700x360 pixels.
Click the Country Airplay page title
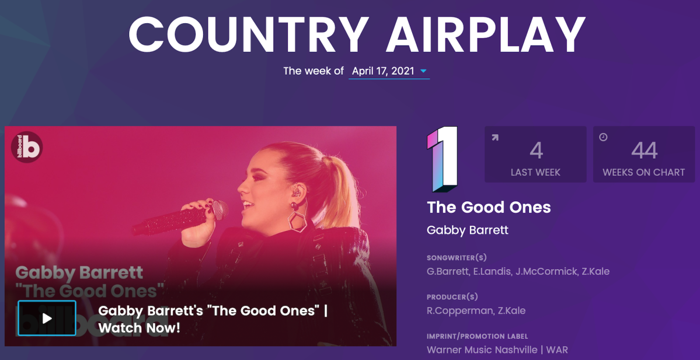click(357, 35)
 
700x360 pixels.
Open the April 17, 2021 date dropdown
click(389, 71)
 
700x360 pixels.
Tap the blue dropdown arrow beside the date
click(423, 71)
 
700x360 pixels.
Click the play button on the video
click(47, 318)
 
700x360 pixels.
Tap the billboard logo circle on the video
click(27, 147)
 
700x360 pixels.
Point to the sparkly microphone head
click(220, 209)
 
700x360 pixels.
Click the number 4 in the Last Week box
click(536, 151)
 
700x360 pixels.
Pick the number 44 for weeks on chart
click(644, 151)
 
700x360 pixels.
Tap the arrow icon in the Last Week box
click(494, 137)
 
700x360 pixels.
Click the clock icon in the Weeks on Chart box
click(603, 137)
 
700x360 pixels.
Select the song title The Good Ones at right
click(489, 208)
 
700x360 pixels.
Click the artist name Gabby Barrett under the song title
click(468, 230)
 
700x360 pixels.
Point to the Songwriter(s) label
click(457, 258)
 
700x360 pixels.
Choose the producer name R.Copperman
click(461, 310)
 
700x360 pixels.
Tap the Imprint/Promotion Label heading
click(477, 336)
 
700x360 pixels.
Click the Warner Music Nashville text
click(482, 349)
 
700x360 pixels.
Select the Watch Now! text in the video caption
click(139, 328)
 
